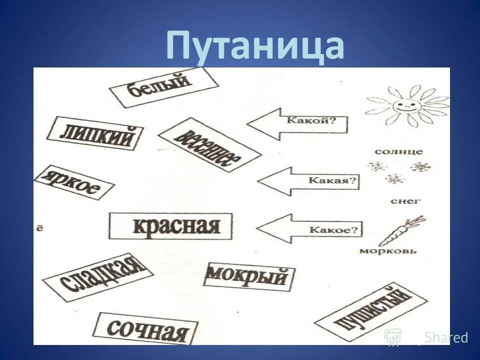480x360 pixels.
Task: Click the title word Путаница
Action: point(255,46)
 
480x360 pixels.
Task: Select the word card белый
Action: point(164,87)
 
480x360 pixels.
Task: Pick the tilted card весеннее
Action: point(209,144)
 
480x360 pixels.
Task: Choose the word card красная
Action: point(171,225)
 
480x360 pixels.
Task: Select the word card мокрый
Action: point(248,276)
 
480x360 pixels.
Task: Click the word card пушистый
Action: point(370,312)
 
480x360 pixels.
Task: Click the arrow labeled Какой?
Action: point(298,123)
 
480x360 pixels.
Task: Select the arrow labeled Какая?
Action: point(308,181)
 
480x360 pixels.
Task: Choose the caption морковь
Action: point(388,250)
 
